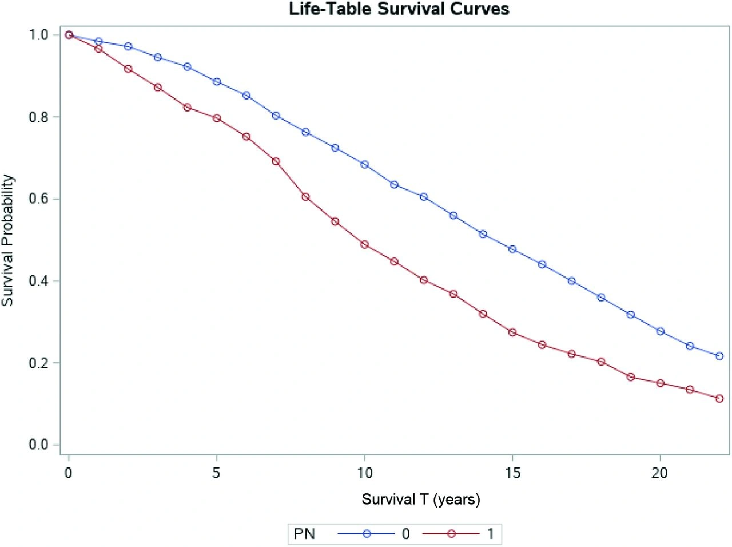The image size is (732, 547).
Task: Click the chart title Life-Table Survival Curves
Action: (x=399, y=9)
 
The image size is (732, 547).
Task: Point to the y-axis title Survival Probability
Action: (x=7, y=240)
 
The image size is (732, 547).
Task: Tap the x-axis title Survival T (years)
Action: (x=421, y=499)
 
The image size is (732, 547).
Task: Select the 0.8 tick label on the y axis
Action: (x=39, y=117)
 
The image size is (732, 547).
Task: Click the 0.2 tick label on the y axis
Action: (x=39, y=363)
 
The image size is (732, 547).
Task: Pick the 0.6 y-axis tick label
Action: (x=39, y=199)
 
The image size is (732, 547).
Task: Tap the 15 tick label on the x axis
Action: (x=512, y=473)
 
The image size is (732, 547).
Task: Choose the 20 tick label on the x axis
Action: (x=660, y=473)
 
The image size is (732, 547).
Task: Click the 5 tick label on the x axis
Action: (x=217, y=473)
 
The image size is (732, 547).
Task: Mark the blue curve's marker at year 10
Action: (x=364, y=165)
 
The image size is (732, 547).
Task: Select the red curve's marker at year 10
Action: (x=364, y=244)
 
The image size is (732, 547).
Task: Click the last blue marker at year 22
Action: (x=719, y=356)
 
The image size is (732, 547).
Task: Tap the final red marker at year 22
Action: (x=719, y=398)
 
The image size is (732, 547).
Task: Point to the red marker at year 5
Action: (x=217, y=118)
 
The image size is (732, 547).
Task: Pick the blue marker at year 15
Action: (x=512, y=249)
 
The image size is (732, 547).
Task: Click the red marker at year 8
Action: (x=305, y=197)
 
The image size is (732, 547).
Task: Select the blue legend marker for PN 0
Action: (x=367, y=534)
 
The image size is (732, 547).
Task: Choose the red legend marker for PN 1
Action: (x=451, y=534)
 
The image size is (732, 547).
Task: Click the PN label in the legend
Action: (x=304, y=534)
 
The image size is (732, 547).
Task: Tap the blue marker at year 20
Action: (x=661, y=331)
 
